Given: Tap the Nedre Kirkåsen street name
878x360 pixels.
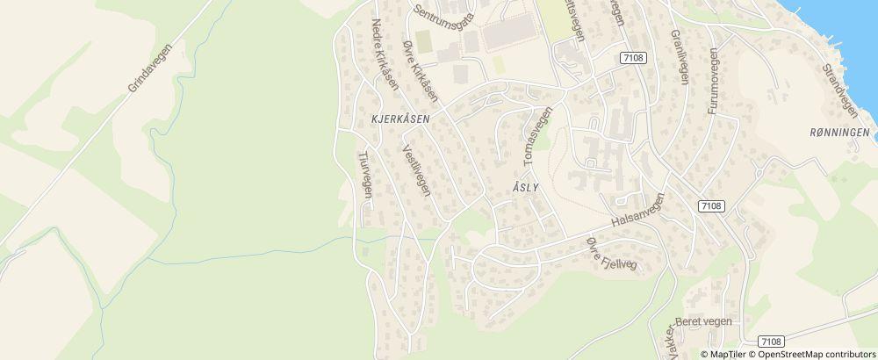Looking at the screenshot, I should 385,54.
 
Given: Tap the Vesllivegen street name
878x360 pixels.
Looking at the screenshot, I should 415,169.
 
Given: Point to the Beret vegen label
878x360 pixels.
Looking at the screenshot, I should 703,321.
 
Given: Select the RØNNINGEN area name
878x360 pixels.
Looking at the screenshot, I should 840,133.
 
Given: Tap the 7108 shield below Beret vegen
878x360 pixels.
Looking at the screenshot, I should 771,342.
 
